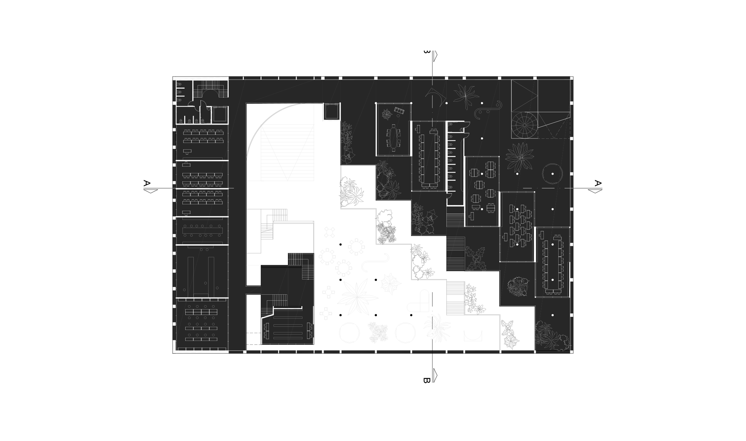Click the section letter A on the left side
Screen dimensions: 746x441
pos(146,183)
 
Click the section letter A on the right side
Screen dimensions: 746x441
pos(598,183)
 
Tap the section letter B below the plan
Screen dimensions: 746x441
pos(426,380)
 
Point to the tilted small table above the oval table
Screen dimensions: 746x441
pos(399,111)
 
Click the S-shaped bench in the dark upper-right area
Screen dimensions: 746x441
pos(488,110)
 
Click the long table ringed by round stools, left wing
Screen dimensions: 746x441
pos(202,231)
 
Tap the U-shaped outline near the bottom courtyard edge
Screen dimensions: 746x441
pos(473,336)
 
